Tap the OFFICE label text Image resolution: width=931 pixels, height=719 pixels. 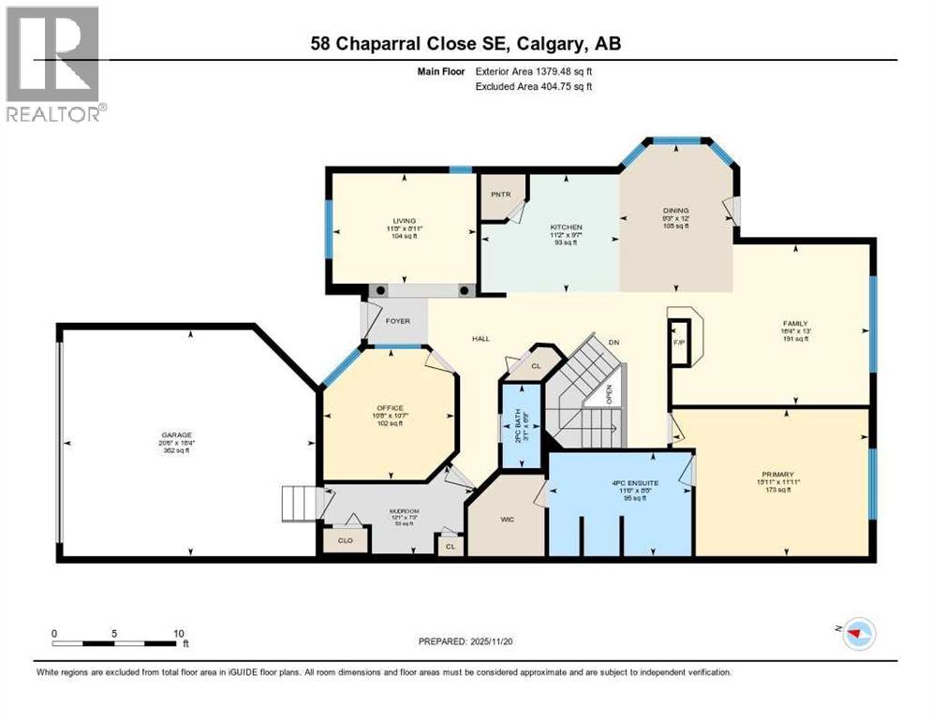[x=390, y=407]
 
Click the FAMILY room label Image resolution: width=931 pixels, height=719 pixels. [x=795, y=323]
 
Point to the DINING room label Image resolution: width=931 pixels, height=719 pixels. [x=676, y=211]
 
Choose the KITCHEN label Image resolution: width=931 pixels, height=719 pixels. [x=566, y=227]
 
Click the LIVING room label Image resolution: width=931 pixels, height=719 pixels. [x=405, y=221]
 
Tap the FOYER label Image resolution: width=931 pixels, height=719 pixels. [x=398, y=321]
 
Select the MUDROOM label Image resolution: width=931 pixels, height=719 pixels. [x=405, y=511]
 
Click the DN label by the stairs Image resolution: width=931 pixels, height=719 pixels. [x=613, y=343]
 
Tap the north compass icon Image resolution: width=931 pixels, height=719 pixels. [x=857, y=633]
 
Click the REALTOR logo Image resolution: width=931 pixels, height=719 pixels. [x=54, y=66]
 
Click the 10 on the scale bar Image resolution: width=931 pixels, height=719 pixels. [x=177, y=632]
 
